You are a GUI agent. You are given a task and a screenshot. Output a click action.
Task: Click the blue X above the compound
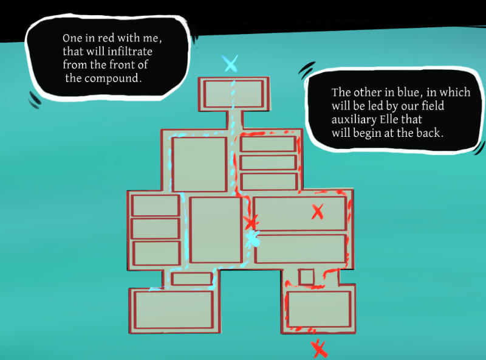click(x=230, y=63)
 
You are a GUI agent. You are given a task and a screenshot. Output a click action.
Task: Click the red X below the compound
click(x=319, y=349)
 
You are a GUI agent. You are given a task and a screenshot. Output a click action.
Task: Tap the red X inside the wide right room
click(x=317, y=212)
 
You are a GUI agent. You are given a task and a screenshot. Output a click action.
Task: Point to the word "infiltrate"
click(x=139, y=52)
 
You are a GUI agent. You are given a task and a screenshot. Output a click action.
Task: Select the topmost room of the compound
click(x=233, y=93)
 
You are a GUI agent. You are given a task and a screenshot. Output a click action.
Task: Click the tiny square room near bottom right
click(x=306, y=277)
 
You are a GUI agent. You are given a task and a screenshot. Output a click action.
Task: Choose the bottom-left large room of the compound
click(x=174, y=310)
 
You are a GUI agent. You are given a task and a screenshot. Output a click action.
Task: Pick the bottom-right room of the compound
click(x=319, y=309)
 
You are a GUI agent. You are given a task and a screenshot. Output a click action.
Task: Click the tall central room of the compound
click(x=216, y=229)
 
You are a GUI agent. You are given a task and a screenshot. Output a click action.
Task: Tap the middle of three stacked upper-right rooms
click(x=268, y=162)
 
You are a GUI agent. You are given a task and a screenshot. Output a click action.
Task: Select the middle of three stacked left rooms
click(x=156, y=228)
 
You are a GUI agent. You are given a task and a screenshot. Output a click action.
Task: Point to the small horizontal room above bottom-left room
click(x=191, y=279)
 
